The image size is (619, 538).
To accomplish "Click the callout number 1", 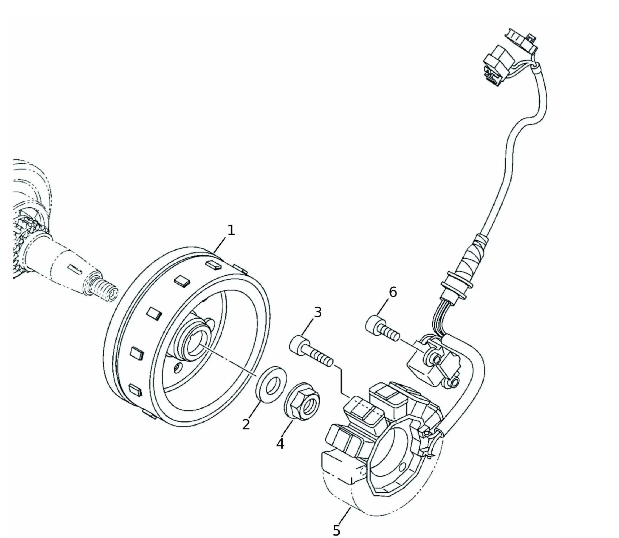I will [x=231, y=230].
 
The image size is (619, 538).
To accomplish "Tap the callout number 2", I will [x=246, y=425].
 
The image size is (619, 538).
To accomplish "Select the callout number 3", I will [x=318, y=313].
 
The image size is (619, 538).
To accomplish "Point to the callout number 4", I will [x=280, y=444].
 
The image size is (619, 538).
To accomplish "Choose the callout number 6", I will [x=393, y=292].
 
